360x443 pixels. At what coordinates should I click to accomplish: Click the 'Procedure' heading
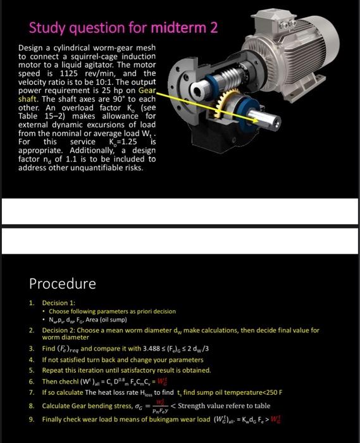pos(62,283)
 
